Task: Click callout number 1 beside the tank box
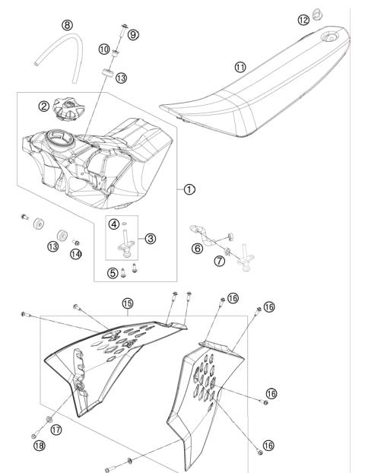188,189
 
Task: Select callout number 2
45,106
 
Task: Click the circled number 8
68,25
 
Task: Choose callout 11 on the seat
240,67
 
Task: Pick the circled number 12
303,19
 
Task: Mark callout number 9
133,35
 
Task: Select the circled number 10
105,49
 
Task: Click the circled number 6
198,248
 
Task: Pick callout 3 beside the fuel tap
151,238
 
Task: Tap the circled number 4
113,224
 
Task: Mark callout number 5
113,272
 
